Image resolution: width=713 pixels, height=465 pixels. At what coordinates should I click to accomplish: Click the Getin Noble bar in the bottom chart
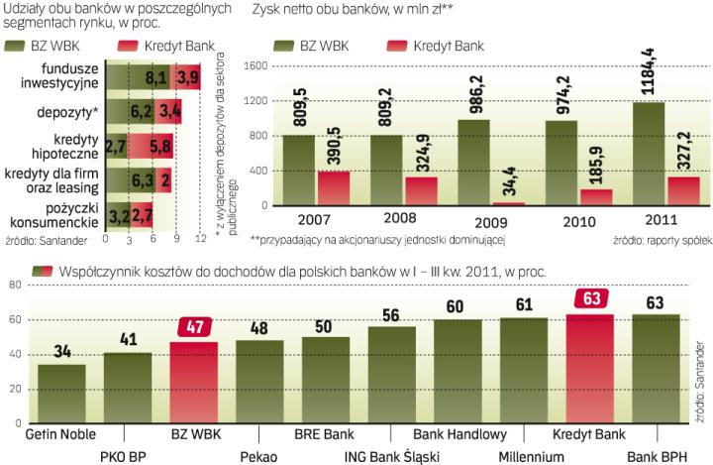point(60,381)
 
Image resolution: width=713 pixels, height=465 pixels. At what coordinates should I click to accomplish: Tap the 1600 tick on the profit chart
point(256,65)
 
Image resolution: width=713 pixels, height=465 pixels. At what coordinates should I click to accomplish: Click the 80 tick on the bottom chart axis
point(15,286)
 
